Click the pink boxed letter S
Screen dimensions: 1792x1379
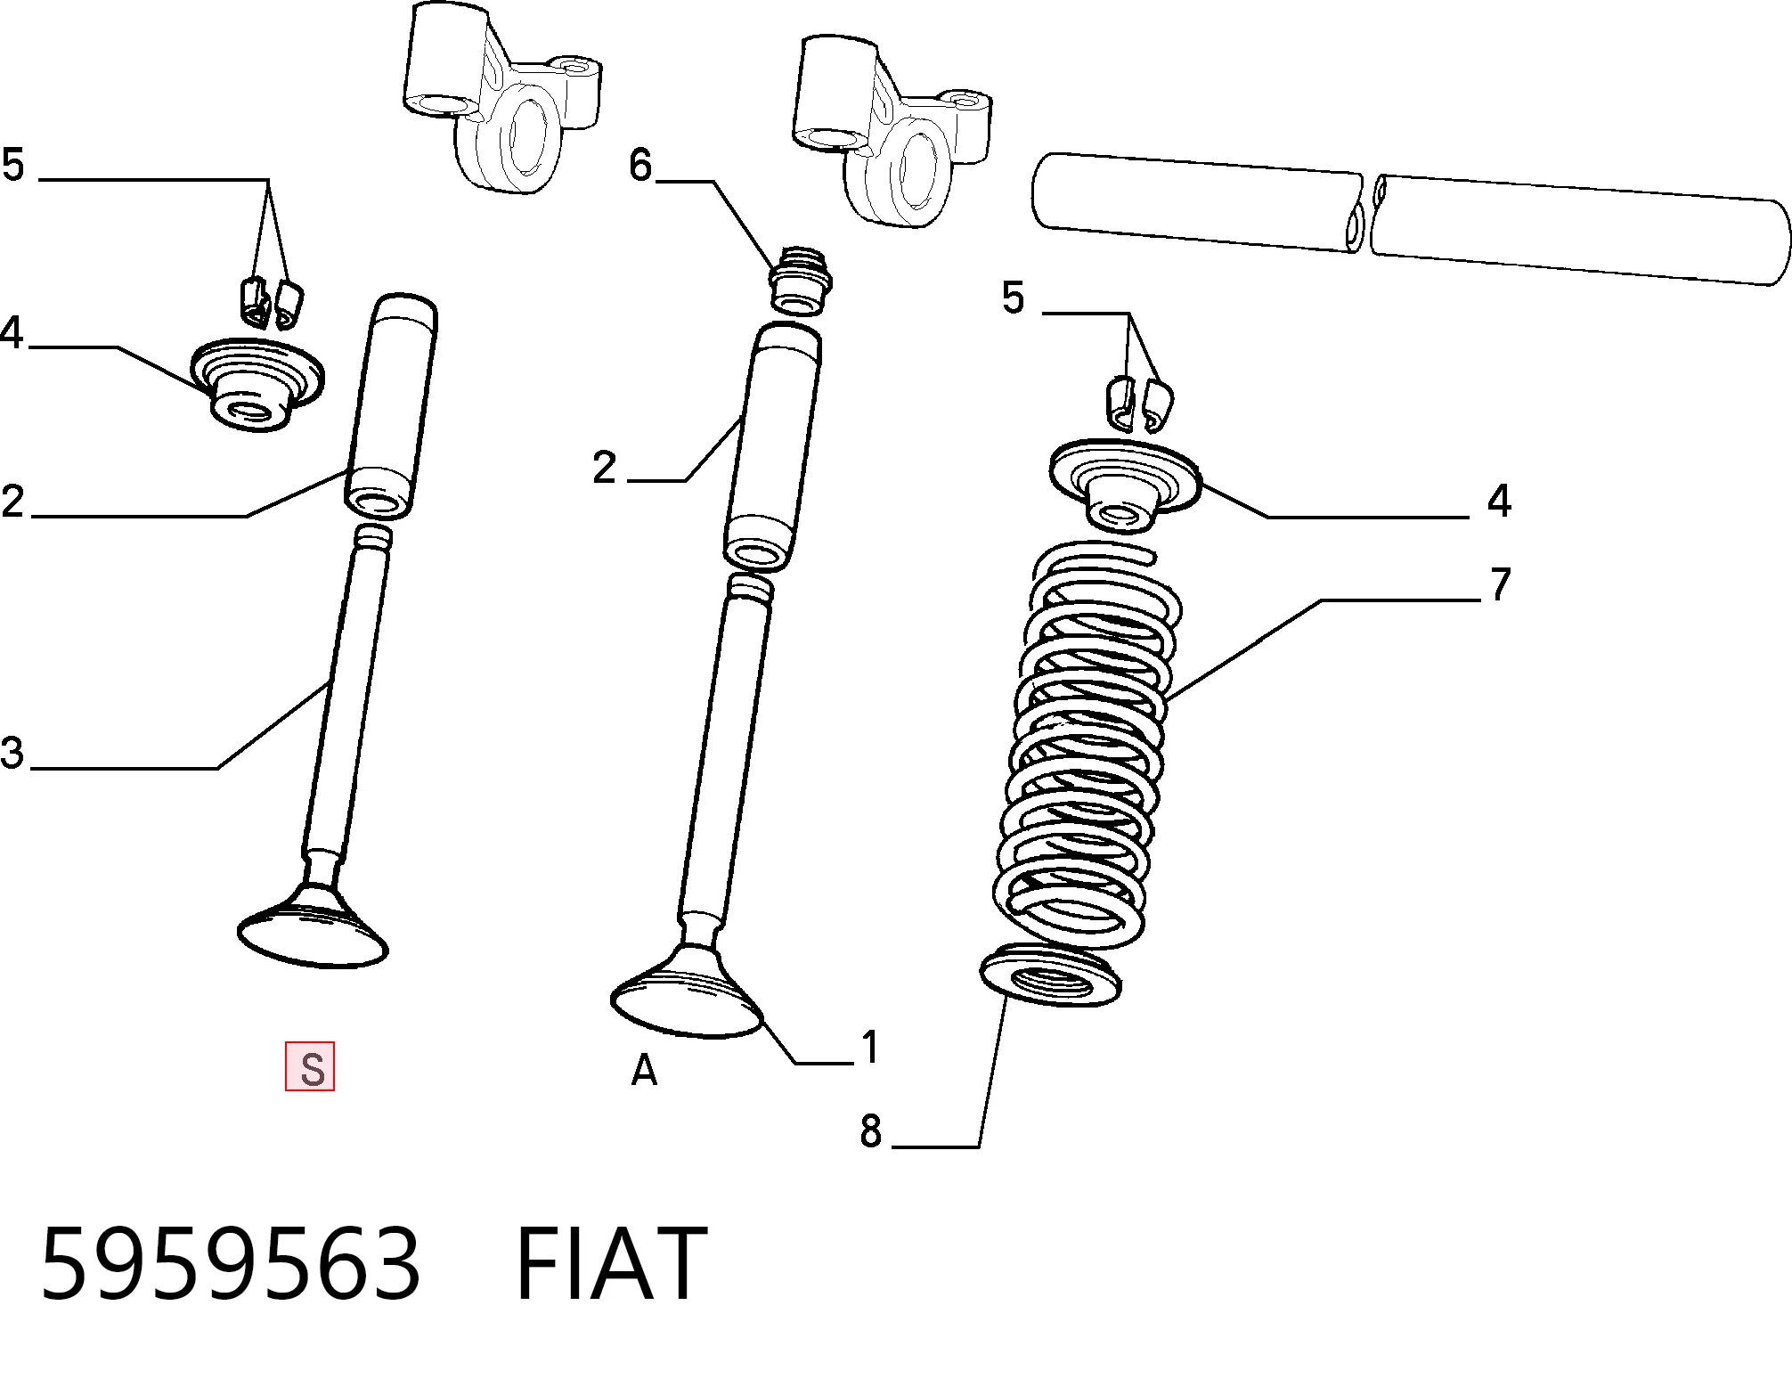tap(310, 1066)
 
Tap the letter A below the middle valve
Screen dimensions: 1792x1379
tap(644, 1071)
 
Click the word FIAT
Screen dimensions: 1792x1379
tap(611, 1264)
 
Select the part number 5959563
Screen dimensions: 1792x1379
tap(230, 1264)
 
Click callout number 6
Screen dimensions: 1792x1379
tap(640, 165)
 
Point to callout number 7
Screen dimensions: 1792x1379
tap(1501, 584)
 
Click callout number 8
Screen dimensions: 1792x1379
tap(870, 1130)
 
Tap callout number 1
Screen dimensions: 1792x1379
tap(870, 1047)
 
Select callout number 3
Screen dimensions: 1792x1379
tap(12, 753)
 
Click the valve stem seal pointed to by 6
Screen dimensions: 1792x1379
tap(800, 280)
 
